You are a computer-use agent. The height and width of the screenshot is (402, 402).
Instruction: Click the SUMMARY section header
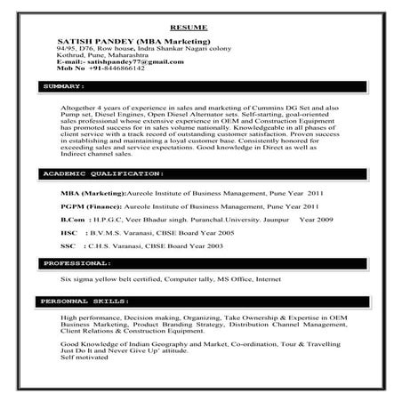click(x=63, y=88)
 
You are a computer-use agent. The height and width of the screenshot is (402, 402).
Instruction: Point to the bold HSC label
click(x=68, y=230)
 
